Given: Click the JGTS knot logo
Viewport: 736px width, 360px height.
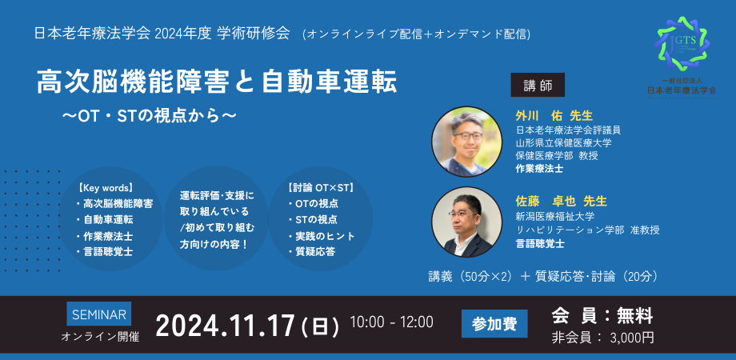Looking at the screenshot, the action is pyautogui.click(x=682, y=44).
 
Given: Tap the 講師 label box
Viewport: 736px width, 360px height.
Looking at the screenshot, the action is pyautogui.click(x=538, y=85).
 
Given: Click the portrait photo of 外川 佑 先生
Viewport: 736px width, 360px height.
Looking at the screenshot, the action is pyautogui.click(x=466, y=142).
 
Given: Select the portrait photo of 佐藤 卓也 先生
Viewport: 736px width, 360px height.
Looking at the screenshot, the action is pyautogui.click(x=466, y=222).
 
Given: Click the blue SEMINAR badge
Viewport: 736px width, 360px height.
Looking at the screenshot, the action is pyautogui.click(x=99, y=314).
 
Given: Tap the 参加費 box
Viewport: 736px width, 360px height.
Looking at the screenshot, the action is pyautogui.click(x=494, y=324).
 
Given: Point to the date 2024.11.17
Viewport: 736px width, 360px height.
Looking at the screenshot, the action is pyautogui.click(x=226, y=326).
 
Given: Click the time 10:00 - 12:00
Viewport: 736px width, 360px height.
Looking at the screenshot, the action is pyautogui.click(x=391, y=322).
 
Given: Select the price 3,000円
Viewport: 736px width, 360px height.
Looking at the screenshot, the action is pyautogui.click(x=632, y=338).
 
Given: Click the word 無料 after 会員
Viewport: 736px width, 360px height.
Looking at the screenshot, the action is pyautogui.click(x=634, y=316).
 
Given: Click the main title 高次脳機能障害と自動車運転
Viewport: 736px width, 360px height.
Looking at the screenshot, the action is pyautogui.click(x=217, y=82).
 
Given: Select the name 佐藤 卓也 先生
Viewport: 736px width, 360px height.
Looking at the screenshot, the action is pyautogui.click(x=562, y=201).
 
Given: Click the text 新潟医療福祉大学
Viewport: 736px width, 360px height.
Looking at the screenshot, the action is pyautogui.click(x=555, y=217).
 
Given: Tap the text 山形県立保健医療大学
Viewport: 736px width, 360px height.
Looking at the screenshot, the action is pyautogui.click(x=563, y=142).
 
